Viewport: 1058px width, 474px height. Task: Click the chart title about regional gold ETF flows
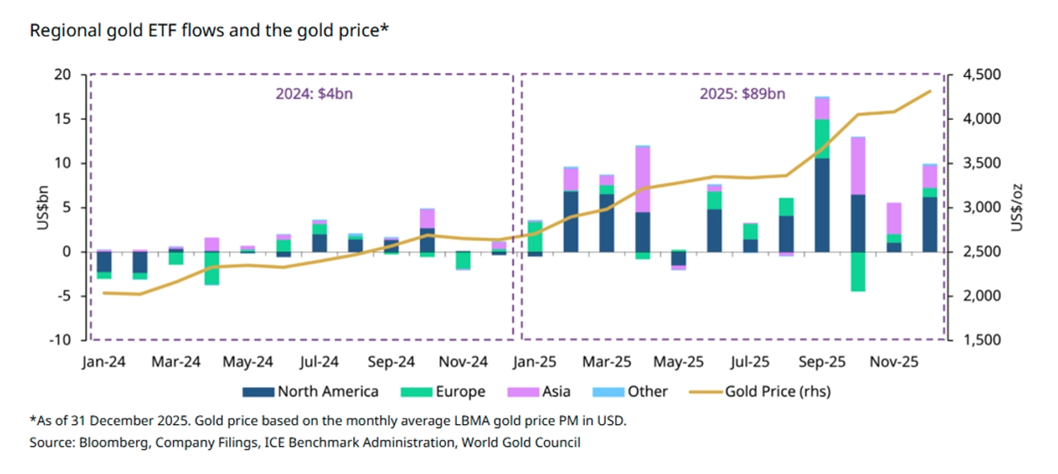pos(209,31)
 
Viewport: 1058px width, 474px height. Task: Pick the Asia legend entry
pos(556,392)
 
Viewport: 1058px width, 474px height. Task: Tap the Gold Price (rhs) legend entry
pos(777,392)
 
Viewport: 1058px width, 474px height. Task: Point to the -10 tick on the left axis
pos(60,340)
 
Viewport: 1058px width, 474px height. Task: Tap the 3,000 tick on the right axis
pos(978,208)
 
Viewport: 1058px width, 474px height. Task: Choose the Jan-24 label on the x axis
pos(104,363)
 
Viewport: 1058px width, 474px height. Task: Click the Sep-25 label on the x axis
pos(822,363)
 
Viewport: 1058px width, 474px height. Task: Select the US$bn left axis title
pos(41,207)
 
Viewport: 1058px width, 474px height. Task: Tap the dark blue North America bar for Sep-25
pos(822,205)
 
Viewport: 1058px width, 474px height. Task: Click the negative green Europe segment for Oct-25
pos(858,272)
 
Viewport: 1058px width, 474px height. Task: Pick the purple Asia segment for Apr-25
pos(643,179)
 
